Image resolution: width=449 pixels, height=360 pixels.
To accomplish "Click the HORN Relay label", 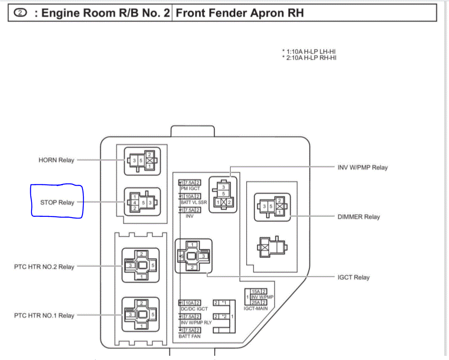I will tap(56, 160).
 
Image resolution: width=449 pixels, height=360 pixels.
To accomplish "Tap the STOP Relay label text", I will tap(57, 203).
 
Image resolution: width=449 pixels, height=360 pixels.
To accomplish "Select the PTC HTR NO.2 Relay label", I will tap(44, 267).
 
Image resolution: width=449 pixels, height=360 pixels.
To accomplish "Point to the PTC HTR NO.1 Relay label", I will tap(44, 315).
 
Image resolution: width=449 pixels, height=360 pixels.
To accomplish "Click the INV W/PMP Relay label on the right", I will tap(363, 168).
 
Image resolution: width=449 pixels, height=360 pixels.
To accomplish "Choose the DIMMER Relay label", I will tap(359, 217).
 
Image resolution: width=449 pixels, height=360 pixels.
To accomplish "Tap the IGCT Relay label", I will tap(353, 277).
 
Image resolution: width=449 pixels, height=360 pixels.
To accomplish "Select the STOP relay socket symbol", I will tap(142, 202).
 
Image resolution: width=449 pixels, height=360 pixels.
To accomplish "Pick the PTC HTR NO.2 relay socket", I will tap(141, 265).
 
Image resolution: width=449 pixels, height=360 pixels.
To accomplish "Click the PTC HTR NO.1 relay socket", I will tap(141, 314).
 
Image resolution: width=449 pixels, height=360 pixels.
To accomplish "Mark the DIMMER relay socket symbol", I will tap(271, 207).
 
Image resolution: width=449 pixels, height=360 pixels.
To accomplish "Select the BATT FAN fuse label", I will tap(189, 336).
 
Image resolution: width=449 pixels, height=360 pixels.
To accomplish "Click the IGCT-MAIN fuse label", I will tap(255, 308).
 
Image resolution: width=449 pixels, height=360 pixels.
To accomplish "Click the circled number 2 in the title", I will tap(21, 13).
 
